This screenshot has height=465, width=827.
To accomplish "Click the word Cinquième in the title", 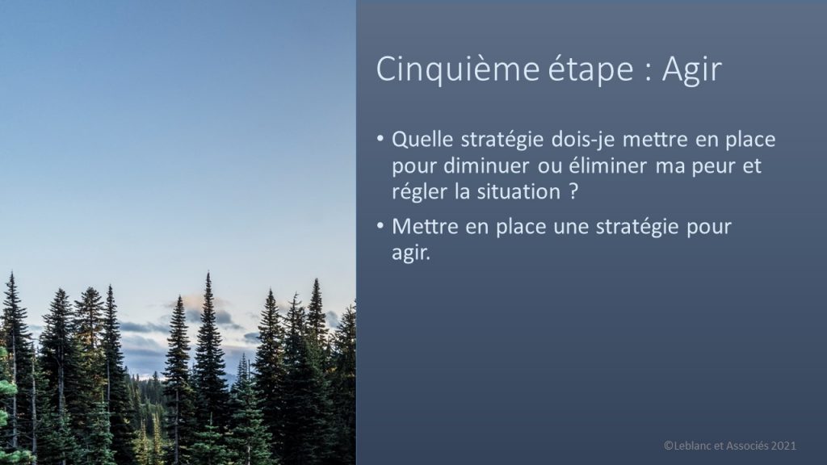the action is click(x=458, y=69).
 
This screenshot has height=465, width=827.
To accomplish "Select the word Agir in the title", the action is click(x=691, y=69).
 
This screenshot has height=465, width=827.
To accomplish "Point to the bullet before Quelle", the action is click(x=380, y=139).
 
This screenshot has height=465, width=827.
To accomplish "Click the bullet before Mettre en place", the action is click(x=380, y=226).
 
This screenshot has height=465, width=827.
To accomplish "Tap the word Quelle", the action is click(x=422, y=140).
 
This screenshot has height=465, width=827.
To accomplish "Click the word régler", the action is click(x=419, y=192).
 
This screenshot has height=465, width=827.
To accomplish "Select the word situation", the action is click(x=518, y=192).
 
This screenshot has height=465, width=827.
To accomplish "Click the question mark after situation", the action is click(x=574, y=191).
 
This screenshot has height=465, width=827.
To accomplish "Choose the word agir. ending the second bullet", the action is click(x=411, y=253).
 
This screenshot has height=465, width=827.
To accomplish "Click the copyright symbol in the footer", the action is click(x=668, y=446).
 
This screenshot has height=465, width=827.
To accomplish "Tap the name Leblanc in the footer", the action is click(x=692, y=446).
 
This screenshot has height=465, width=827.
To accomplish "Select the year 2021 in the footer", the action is click(x=783, y=446).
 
